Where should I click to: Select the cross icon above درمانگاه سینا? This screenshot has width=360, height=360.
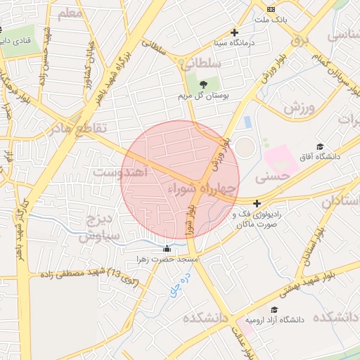tap(235, 32)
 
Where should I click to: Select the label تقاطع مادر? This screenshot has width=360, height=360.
tap(79, 128)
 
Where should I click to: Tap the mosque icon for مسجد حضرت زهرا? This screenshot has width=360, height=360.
tap(167, 249)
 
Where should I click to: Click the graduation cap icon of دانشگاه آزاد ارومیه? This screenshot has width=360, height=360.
tap(274, 309)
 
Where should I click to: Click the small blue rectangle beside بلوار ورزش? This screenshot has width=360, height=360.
tap(247, 122)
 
